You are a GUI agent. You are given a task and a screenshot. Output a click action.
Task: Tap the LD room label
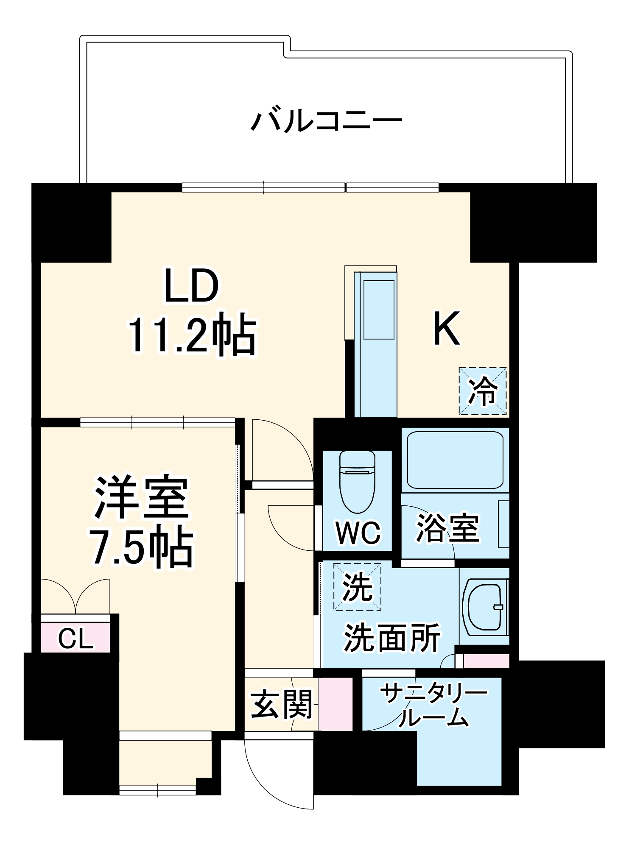191,286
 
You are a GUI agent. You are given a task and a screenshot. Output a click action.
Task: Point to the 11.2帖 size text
192,335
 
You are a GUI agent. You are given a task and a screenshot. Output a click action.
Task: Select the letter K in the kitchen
446,329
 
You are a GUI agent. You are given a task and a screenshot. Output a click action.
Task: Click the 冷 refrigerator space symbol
483,391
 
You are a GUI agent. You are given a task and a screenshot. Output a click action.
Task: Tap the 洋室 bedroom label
142,497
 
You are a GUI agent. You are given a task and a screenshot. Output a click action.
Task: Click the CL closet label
75,639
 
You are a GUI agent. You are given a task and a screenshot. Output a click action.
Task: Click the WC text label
358,533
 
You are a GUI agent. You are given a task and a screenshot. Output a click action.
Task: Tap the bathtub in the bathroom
455,460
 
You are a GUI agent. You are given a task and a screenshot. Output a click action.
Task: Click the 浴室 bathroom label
448,528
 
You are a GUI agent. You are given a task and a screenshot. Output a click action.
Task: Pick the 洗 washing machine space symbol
357,587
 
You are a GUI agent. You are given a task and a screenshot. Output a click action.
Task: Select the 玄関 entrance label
282,704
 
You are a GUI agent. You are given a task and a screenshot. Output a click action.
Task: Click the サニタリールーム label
433,706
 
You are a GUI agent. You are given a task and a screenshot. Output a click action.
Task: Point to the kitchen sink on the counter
379,310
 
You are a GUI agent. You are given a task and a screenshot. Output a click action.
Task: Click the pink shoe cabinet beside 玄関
335,704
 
